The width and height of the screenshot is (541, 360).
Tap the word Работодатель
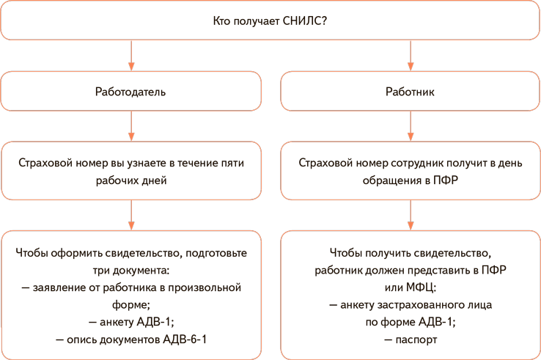pos(130,92)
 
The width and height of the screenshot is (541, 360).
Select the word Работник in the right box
pos(411,92)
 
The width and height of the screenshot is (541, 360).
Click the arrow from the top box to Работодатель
pos(131,55)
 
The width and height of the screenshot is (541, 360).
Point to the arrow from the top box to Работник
pos(411,55)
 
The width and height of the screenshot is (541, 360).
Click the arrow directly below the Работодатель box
pos(131,125)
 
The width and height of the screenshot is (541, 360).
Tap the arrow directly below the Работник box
pos(411,125)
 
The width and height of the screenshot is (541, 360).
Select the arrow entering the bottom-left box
pos(131,215)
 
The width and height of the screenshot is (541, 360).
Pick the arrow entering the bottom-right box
pos(411,215)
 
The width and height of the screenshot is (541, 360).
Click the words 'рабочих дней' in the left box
pos(130,180)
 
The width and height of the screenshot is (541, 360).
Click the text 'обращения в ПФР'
pos(411,180)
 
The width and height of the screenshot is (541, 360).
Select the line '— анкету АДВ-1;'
pos(131,322)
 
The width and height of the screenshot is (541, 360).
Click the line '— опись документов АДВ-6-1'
pos(131,339)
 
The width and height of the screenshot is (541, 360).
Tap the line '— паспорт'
pos(411,339)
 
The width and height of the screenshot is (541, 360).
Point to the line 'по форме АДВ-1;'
pos(411,322)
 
